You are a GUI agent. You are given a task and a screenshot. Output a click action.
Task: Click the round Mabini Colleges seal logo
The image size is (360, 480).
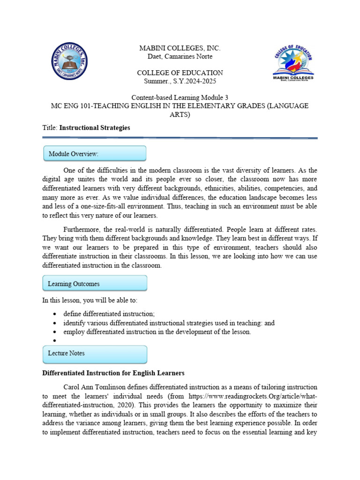(69, 61)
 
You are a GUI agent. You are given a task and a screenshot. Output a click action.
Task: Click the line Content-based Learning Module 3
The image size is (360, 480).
(180, 97)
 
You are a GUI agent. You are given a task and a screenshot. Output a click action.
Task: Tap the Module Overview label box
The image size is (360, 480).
(95, 154)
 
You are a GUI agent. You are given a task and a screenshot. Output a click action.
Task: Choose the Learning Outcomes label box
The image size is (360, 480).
(95, 284)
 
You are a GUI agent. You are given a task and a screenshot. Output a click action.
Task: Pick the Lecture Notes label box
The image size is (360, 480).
(95, 353)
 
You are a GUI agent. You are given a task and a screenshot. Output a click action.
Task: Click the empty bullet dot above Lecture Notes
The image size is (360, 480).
(55, 341)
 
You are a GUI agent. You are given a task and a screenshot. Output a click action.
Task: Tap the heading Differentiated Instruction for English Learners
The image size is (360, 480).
(113, 374)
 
